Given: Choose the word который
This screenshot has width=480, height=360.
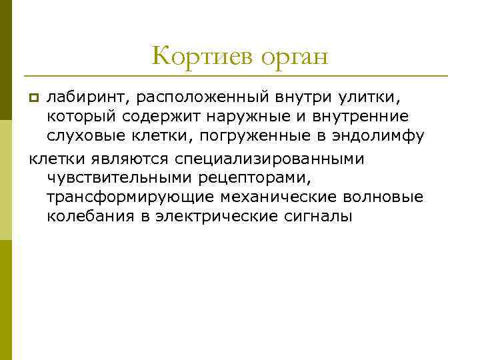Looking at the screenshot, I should pos(81,117).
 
